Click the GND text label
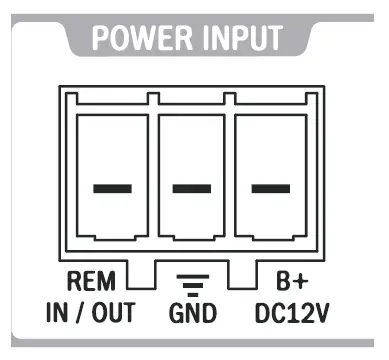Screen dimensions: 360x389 [x=192, y=312]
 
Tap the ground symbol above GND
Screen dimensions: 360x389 [x=192, y=283]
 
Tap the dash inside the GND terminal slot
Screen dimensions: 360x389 [x=192, y=188]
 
